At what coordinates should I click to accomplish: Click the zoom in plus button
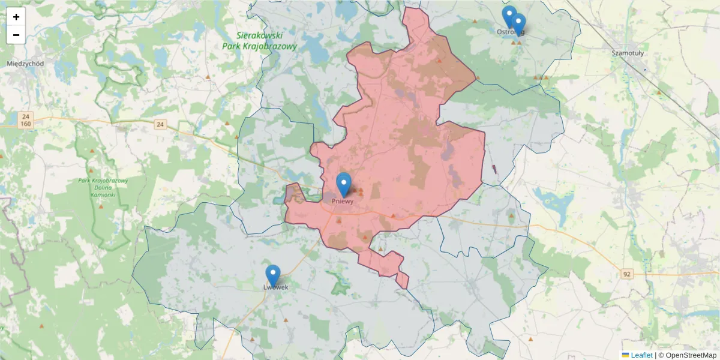coord(16,17)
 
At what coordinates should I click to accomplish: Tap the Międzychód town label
coord(25,63)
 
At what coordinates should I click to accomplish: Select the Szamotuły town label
coord(627,53)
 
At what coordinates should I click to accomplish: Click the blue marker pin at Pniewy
coord(343,184)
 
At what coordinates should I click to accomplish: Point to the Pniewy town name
coord(343,202)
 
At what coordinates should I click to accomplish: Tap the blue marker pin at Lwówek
coord(273,275)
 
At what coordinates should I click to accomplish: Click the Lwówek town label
coord(276,287)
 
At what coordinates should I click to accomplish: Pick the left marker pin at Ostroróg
coord(509,16)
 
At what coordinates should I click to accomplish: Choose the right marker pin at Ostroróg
coord(519,24)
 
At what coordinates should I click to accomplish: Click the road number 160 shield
coord(25,124)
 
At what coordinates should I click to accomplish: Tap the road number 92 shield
coord(627,274)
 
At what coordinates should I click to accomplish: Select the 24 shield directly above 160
coord(25,116)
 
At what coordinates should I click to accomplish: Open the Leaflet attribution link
coord(641,355)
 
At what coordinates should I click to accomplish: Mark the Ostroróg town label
coord(511,32)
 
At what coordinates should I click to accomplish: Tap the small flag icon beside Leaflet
coord(626,355)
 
